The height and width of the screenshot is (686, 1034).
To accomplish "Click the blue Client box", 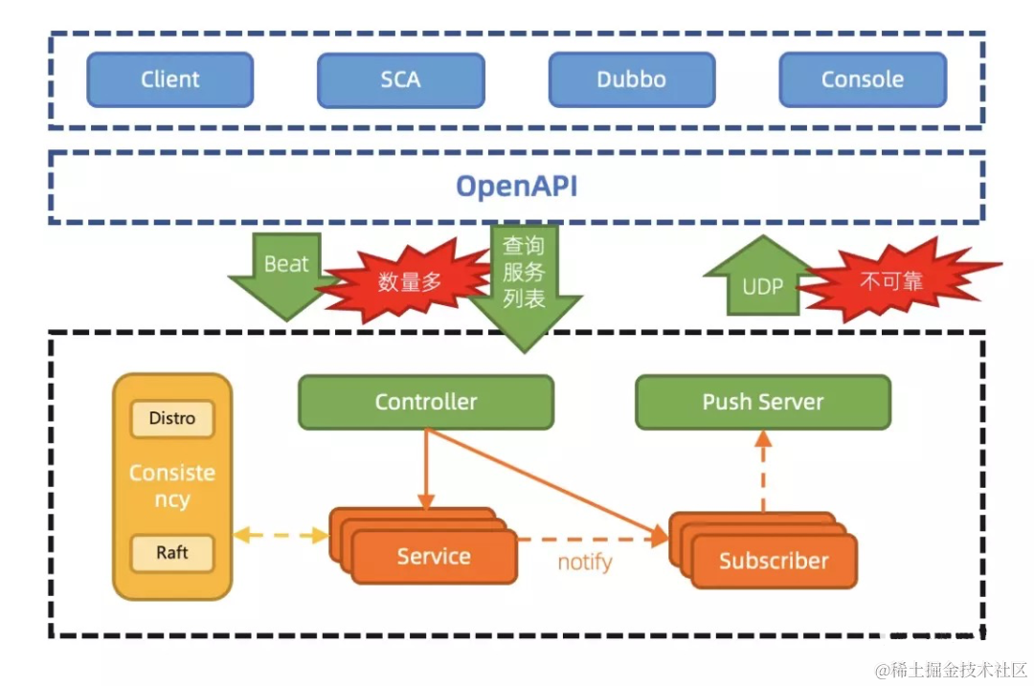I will [x=170, y=79].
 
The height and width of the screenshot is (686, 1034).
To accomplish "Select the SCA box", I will [x=400, y=79].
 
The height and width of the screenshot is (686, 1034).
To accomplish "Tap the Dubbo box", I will [x=631, y=79].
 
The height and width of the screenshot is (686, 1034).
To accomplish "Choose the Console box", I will [x=862, y=79].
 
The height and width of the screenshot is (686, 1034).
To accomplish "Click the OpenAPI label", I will [x=516, y=186].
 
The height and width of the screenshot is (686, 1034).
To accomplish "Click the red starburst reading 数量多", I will [x=410, y=281].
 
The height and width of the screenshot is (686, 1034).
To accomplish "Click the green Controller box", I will [x=426, y=402].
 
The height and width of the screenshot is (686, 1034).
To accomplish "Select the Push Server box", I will [x=763, y=402].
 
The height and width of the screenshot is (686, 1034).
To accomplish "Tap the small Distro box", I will [x=172, y=418].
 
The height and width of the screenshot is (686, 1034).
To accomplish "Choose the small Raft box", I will [x=172, y=553].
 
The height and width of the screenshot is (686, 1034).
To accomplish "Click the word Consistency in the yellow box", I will [x=172, y=486].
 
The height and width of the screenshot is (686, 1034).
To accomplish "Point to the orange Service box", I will [x=434, y=556].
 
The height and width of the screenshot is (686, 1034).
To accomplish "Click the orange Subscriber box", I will [x=774, y=561].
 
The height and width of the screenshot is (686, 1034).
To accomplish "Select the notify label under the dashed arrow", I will [x=584, y=562].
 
